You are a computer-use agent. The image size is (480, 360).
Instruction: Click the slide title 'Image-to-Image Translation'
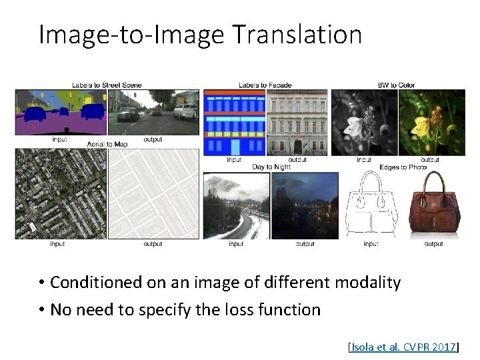[200, 35]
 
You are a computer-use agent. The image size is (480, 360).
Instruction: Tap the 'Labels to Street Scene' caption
[106, 85]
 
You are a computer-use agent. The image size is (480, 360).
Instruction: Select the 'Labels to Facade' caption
[265, 85]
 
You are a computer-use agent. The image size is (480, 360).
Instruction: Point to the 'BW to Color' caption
[396, 85]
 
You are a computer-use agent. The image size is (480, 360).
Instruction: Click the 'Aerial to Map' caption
[107, 144]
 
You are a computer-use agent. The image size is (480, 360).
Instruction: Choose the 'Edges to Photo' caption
[403, 167]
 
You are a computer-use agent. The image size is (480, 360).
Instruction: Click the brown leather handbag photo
[433, 203]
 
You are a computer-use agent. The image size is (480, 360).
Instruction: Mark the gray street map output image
[153, 193]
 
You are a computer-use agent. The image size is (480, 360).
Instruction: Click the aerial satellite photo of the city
[61, 193]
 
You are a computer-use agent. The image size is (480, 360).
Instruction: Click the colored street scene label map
[61, 112]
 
